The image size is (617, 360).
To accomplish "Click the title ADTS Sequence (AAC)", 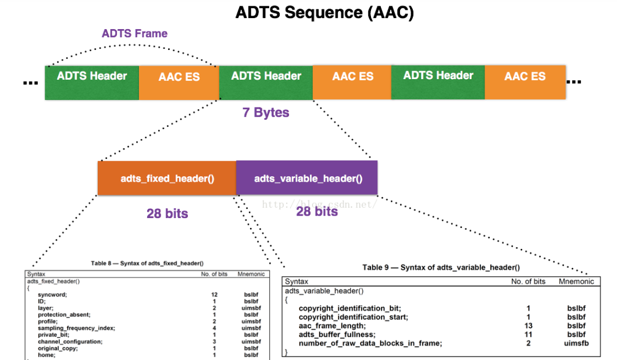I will pyautogui.click(x=324, y=13).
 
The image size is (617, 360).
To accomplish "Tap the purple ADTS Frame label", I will pyautogui.click(x=134, y=33).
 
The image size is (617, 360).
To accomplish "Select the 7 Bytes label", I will pyautogui.click(x=266, y=112).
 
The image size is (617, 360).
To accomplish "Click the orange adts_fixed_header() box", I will pyautogui.click(x=167, y=178).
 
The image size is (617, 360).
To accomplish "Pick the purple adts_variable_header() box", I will pyautogui.click(x=308, y=178).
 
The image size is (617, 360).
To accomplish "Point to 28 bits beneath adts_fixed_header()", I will pyautogui.click(x=167, y=213).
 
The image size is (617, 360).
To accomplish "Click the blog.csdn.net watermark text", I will pyautogui.click(x=319, y=204).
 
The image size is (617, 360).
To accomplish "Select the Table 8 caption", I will pyautogui.click(x=147, y=263).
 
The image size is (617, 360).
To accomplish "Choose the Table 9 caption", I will pyautogui.click(x=441, y=268).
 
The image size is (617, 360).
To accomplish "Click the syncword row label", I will pyautogui.click(x=52, y=294).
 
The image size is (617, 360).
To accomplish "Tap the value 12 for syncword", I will pyautogui.click(x=215, y=294).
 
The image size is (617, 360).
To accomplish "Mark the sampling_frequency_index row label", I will pyautogui.click(x=76, y=328).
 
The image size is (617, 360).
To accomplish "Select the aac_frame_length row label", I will pyautogui.click(x=332, y=326).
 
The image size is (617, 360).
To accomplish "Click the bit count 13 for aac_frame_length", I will pyautogui.click(x=528, y=326).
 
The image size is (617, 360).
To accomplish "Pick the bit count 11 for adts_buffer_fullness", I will pyautogui.click(x=528, y=334).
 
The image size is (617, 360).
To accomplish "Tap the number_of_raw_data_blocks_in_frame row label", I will pyautogui.click(x=370, y=343).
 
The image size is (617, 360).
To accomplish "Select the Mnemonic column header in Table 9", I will pyautogui.click(x=576, y=281).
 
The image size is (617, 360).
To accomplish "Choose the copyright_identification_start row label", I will pyautogui.click(x=353, y=317).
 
